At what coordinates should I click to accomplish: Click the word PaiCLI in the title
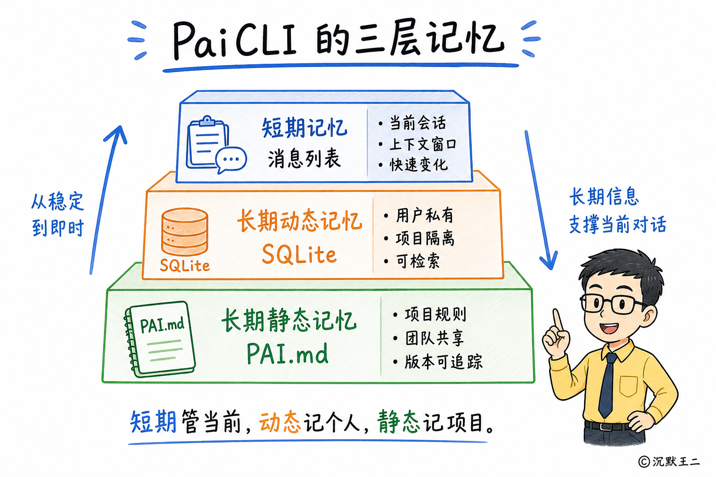[x=235, y=40]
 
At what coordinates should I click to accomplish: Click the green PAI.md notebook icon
[x=160, y=339]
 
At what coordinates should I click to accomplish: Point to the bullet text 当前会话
[x=418, y=123]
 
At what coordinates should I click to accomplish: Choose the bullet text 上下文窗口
[x=423, y=144]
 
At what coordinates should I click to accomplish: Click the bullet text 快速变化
[x=419, y=165]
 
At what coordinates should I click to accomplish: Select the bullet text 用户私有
[x=425, y=215]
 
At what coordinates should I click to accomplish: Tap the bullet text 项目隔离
[x=425, y=238]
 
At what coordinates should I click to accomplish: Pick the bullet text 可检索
[x=418, y=261]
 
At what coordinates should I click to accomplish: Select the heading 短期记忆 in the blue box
[x=304, y=128]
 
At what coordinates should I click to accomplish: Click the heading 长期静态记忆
[x=289, y=320]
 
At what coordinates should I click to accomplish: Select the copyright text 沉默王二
[x=675, y=461]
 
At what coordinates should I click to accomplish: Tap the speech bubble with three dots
[x=231, y=159]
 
